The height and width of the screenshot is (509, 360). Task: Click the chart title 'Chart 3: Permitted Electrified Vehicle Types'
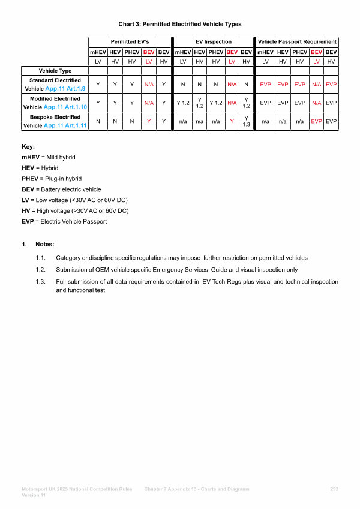[180, 24]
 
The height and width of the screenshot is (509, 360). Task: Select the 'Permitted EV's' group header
[130, 42]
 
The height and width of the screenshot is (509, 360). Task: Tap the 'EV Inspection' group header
[213, 42]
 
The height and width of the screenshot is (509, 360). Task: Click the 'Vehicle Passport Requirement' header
[297, 42]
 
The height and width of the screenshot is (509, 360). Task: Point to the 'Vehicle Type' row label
[55, 71]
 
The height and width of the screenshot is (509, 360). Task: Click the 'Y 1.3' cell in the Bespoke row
[245, 121]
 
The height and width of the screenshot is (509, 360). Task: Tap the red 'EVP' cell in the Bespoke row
[316, 121]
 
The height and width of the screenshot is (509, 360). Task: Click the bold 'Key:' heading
[28, 146]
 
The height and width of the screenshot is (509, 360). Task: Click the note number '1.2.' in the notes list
[41, 270]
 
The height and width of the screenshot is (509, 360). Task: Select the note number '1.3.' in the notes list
[41, 281]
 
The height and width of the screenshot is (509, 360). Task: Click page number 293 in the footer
[334, 489]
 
